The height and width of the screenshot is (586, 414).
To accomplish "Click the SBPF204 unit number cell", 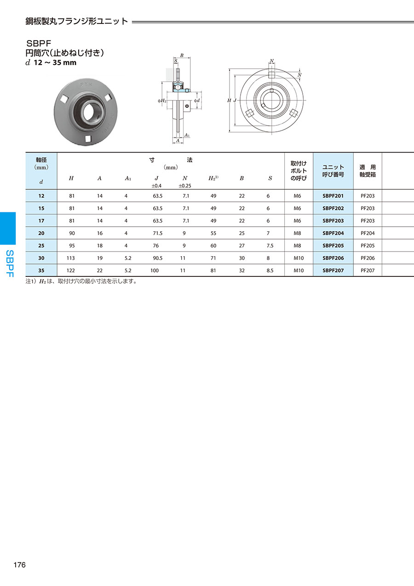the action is point(333,233).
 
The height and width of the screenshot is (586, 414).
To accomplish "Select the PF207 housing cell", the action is point(368,270).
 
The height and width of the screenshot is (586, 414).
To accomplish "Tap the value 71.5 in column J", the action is point(157,233).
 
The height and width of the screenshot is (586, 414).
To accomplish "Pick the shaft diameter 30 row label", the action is point(41,258).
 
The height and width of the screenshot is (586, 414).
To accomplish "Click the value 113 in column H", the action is point(70,258).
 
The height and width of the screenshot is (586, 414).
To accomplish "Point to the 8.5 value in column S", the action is point(270,270).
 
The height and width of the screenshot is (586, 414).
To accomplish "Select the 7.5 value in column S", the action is point(270,246).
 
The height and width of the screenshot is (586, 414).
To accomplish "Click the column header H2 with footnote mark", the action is point(213,178).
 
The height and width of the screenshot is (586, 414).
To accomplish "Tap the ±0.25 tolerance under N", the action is point(185,186).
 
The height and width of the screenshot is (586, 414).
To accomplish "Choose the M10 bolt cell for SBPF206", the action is point(299,258).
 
